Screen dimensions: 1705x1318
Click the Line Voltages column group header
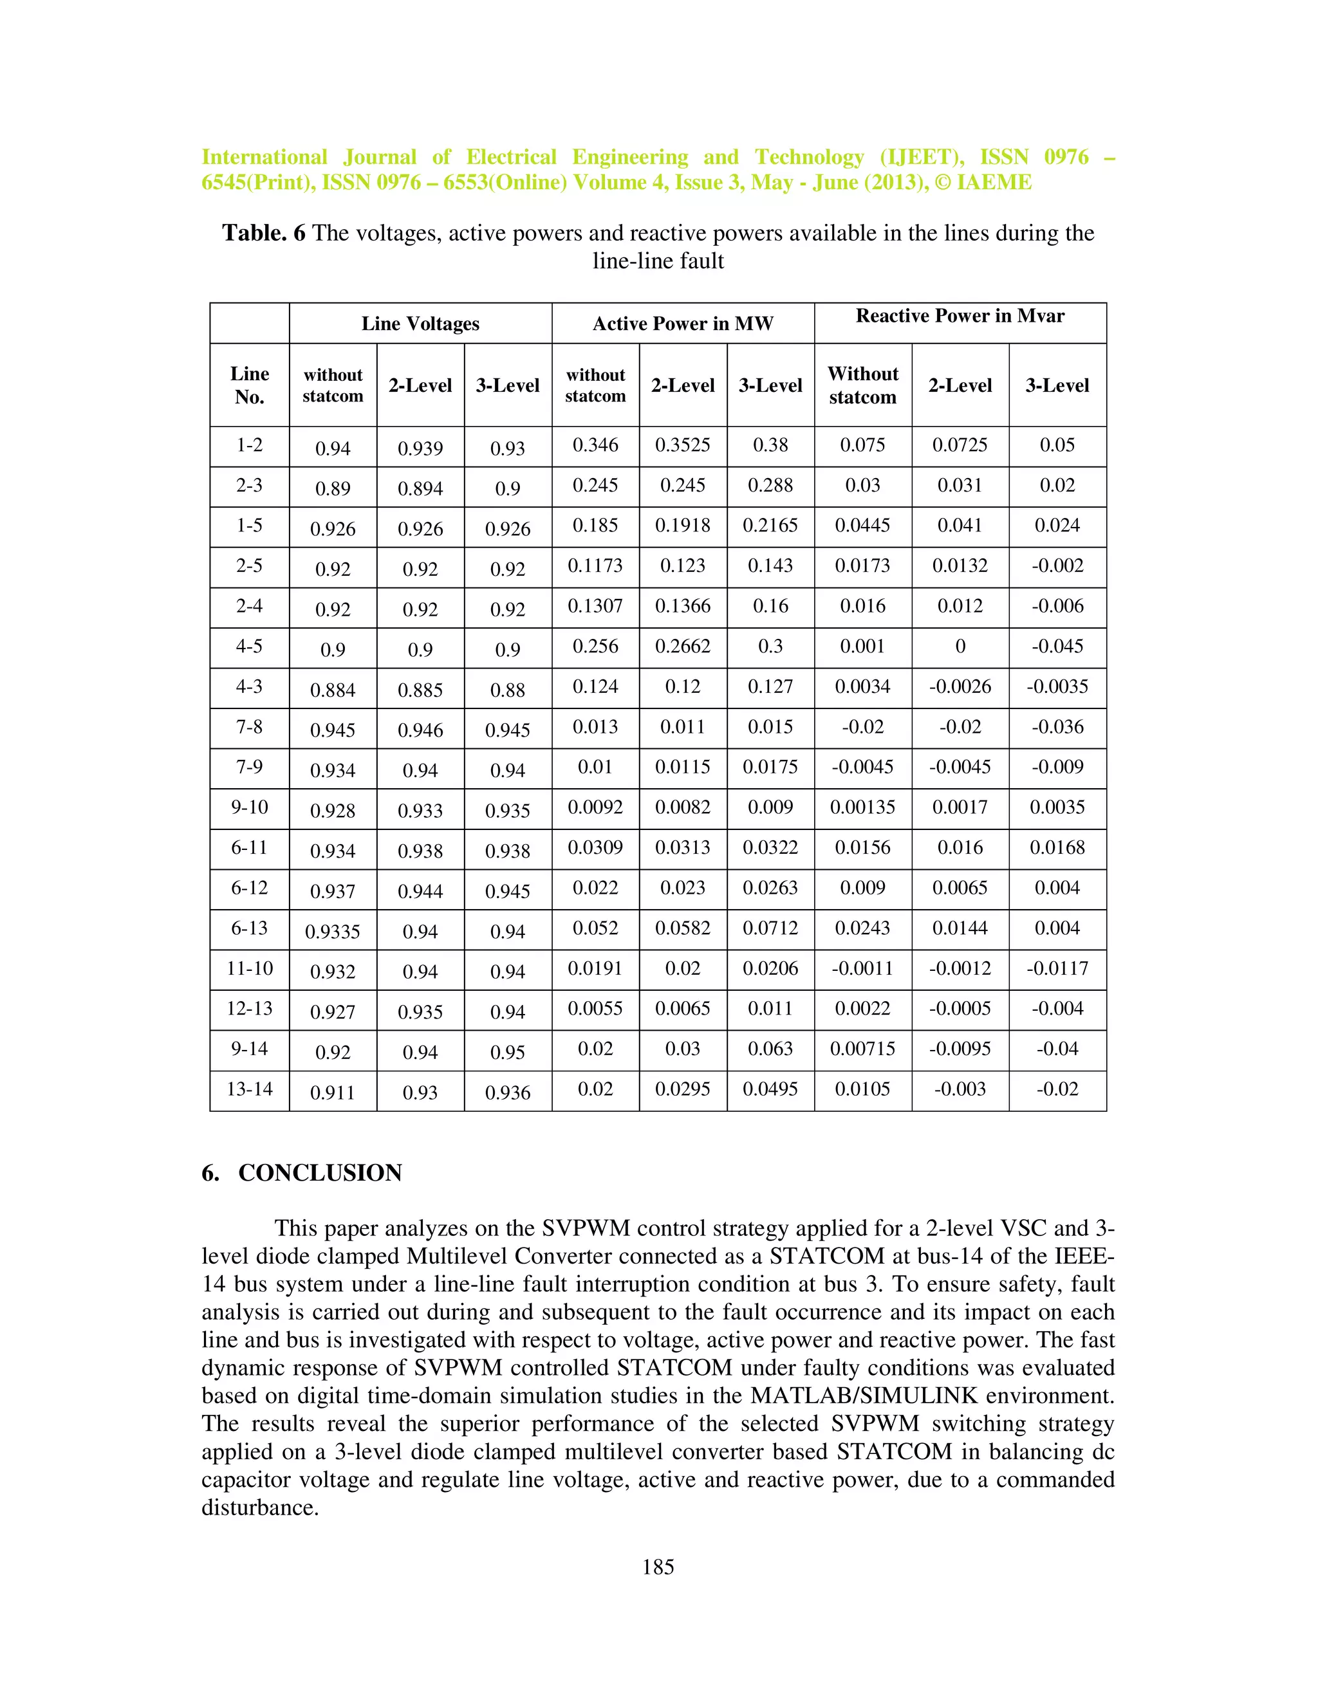tap(420, 324)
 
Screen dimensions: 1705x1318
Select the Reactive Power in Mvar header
tap(960, 316)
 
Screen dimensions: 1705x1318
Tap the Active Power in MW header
tap(682, 324)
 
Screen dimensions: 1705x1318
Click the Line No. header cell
tap(249, 385)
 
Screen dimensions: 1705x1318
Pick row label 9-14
tap(249, 1049)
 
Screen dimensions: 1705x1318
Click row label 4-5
tap(249, 647)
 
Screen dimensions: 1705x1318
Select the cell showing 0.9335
tap(333, 932)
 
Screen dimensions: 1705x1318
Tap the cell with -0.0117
tap(1057, 968)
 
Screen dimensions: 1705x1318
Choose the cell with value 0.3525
tap(682, 445)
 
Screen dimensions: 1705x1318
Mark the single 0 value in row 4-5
tap(960, 647)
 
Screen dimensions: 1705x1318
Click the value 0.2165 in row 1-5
tap(770, 526)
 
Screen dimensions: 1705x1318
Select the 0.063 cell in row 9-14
tap(770, 1049)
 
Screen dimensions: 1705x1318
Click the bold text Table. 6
tap(264, 233)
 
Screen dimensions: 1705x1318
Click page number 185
tap(658, 1567)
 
